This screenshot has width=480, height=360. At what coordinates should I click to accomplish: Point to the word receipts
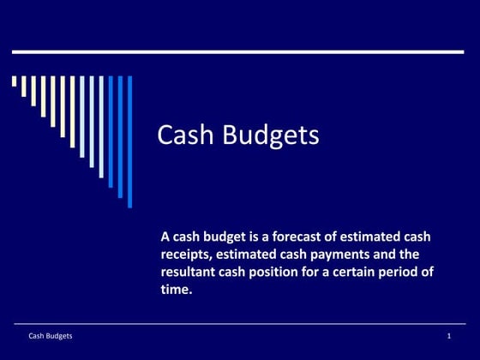(x=186, y=255)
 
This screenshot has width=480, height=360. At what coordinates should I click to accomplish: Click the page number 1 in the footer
(x=448, y=336)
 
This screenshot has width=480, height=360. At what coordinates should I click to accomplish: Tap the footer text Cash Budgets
(x=51, y=336)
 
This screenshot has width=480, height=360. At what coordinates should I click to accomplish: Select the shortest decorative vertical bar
(x=15, y=81)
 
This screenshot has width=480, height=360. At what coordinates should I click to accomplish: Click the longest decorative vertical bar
(x=130, y=141)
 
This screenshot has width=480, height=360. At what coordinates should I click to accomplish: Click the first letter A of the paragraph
(x=165, y=237)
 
